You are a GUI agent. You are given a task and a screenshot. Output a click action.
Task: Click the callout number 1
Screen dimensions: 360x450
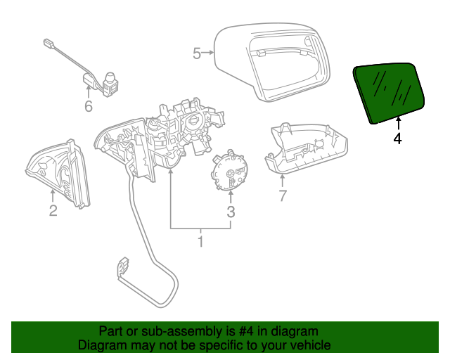click(200, 243)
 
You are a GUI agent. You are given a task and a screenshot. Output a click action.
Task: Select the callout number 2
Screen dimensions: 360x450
click(53, 210)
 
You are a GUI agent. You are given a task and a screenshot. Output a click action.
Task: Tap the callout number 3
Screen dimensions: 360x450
click(231, 212)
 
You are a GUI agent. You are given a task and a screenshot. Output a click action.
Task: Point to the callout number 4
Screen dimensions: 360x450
click(397, 139)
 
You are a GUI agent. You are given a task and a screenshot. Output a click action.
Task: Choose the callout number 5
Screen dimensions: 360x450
click(197, 52)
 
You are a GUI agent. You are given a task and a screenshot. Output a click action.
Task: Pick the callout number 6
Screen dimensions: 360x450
click(89, 107)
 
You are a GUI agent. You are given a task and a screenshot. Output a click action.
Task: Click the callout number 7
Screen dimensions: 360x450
click(283, 196)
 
